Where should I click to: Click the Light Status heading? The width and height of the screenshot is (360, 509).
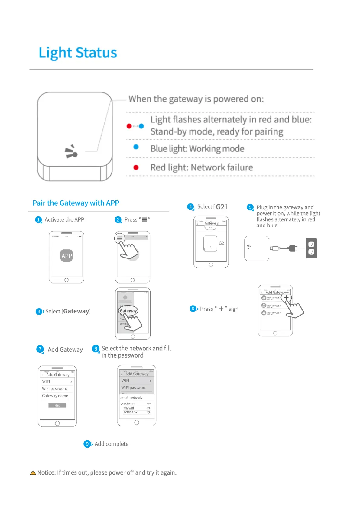pos(78,53)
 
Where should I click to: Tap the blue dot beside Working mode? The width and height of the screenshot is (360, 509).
pos(136,147)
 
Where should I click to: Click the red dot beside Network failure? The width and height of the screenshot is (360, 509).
pos(136,167)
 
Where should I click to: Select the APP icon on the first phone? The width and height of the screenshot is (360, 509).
pos(66,256)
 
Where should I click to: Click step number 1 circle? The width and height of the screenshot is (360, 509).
pos(38,220)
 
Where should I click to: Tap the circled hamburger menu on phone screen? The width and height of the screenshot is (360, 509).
pos(120,238)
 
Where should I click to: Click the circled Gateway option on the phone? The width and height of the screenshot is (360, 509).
pos(128,311)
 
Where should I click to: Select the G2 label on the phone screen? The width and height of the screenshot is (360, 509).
pos(221,243)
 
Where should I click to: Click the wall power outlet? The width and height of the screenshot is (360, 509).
pos(311,248)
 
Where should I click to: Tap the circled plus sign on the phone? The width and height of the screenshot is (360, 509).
pos(286,297)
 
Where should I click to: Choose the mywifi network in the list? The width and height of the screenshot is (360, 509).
pos(129,408)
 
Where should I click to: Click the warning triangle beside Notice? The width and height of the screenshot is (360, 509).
pos(33,473)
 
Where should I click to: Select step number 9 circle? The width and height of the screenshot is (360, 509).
pos(87,444)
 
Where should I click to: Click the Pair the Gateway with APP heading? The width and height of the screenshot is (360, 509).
pos(76,203)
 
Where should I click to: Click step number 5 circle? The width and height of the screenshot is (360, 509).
pos(250,207)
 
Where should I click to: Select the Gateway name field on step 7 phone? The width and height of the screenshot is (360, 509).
pos(55,396)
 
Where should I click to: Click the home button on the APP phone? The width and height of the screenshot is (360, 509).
pos(66,280)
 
